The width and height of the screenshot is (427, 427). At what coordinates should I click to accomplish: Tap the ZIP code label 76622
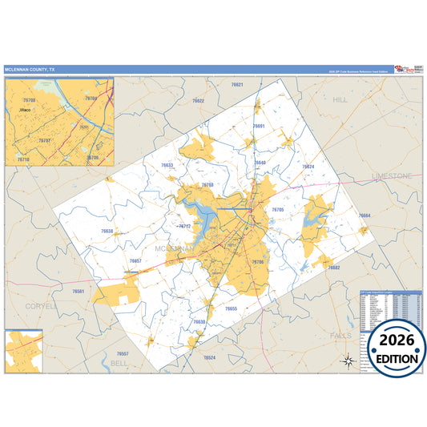tap(198, 101)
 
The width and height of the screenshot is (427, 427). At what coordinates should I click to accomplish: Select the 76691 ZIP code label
tap(258, 127)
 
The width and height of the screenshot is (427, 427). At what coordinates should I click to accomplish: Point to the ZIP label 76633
tap(167, 165)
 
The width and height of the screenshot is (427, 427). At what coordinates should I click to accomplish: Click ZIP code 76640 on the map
tap(260, 163)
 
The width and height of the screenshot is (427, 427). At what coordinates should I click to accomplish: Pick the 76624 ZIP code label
tap(308, 167)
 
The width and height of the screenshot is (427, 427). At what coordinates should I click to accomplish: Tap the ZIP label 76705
tap(278, 209)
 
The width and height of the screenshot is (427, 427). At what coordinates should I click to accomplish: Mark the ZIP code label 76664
tap(365, 216)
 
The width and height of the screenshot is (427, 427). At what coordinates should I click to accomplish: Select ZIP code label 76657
tap(135, 261)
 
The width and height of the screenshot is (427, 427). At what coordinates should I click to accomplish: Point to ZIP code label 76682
tap(334, 268)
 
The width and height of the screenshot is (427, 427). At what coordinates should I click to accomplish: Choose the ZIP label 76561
tap(78, 291)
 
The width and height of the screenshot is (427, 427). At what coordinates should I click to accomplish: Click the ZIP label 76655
tap(231, 308)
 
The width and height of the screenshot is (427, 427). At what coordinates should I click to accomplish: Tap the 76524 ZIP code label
tap(209, 357)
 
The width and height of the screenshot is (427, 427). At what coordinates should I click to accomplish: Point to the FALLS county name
tap(340, 336)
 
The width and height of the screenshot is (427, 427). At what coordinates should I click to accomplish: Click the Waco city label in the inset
tap(26, 109)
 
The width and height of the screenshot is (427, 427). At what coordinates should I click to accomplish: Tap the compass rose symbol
tap(348, 361)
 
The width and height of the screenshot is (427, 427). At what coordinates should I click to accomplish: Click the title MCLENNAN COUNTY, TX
tap(30, 70)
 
